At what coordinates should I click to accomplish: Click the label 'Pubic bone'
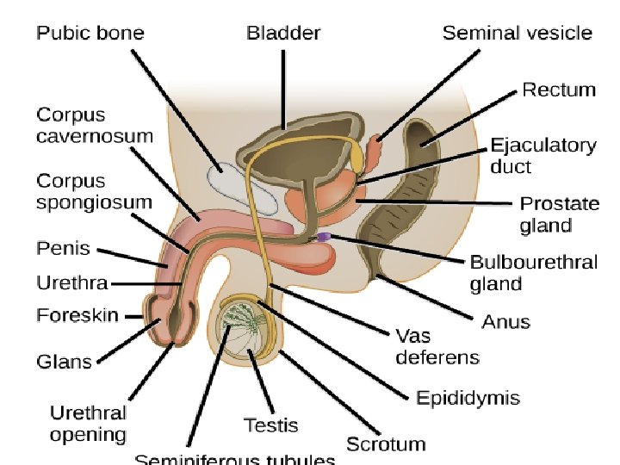click(90, 34)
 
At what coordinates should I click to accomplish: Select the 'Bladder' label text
click(283, 34)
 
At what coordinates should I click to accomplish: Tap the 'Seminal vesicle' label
click(517, 34)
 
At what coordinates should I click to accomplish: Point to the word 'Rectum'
click(559, 90)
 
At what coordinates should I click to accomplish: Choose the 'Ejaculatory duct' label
click(542, 155)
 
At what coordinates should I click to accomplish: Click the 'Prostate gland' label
click(559, 214)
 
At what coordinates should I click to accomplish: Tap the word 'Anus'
click(505, 321)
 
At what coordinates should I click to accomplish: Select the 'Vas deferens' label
click(437, 345)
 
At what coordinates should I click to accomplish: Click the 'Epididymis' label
click(468, 397)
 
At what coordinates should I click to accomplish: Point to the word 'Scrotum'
click(386, 444)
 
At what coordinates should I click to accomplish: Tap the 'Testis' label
click(270, 425)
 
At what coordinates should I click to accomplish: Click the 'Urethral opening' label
click(88, 424)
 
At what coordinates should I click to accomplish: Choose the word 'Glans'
click(64, 362)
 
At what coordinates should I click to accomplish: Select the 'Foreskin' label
click(77, 315)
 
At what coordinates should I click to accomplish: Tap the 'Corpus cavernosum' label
click(94, 125)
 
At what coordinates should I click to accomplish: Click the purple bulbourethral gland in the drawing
click(323, 236)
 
